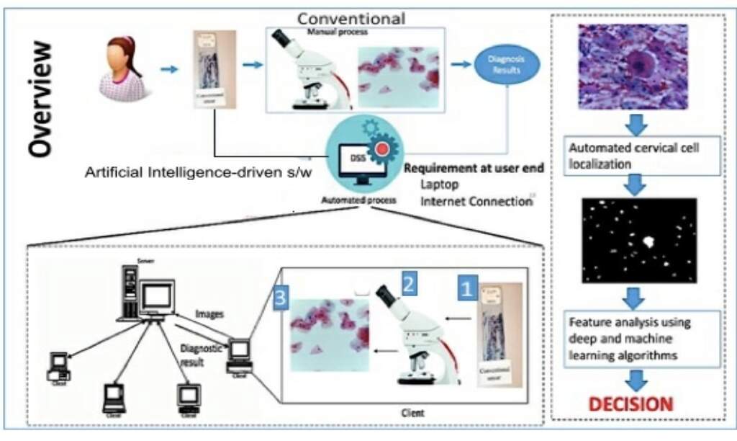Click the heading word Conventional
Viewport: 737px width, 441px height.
(x=351, y=18)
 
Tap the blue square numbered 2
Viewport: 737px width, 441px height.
(x=408, y=282)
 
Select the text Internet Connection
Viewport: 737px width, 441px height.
(x=476, y=201)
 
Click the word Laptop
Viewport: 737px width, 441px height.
(x=440, y=185)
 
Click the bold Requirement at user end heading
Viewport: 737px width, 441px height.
(x=474, y=169)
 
